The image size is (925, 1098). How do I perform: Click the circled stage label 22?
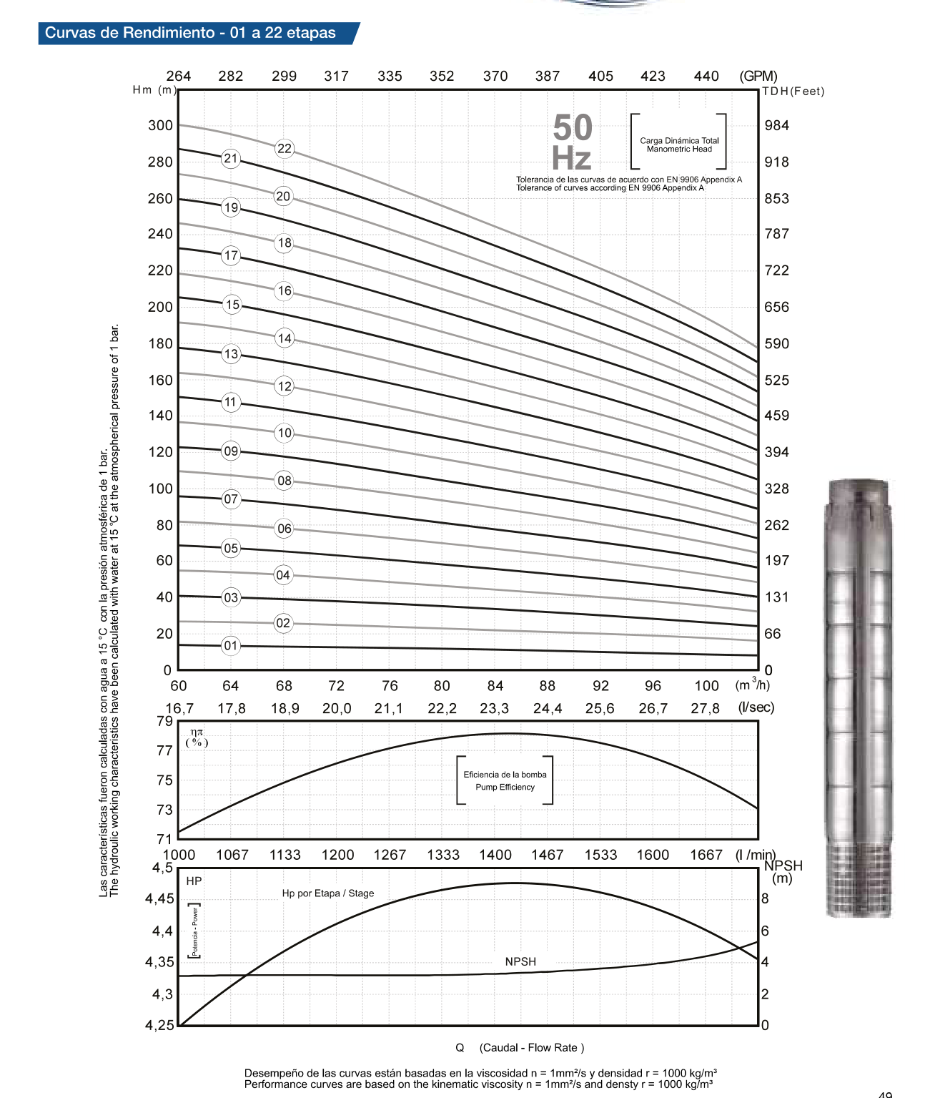tap(285, 149)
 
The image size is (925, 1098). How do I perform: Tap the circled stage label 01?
tap(231, 646)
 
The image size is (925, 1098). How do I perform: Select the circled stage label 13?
tap(232, 354)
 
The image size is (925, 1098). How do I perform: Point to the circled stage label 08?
tap(285, 481)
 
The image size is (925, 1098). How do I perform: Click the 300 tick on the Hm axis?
tap(160, 126)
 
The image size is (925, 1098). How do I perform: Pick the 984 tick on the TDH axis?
tap(777, 126)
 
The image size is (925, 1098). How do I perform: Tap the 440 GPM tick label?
tap(706, 77)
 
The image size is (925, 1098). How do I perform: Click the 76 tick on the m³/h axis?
tap(390, 686)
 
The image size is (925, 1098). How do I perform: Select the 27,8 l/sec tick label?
tap(706, 708)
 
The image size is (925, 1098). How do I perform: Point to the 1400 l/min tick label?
tap(495, 855)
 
